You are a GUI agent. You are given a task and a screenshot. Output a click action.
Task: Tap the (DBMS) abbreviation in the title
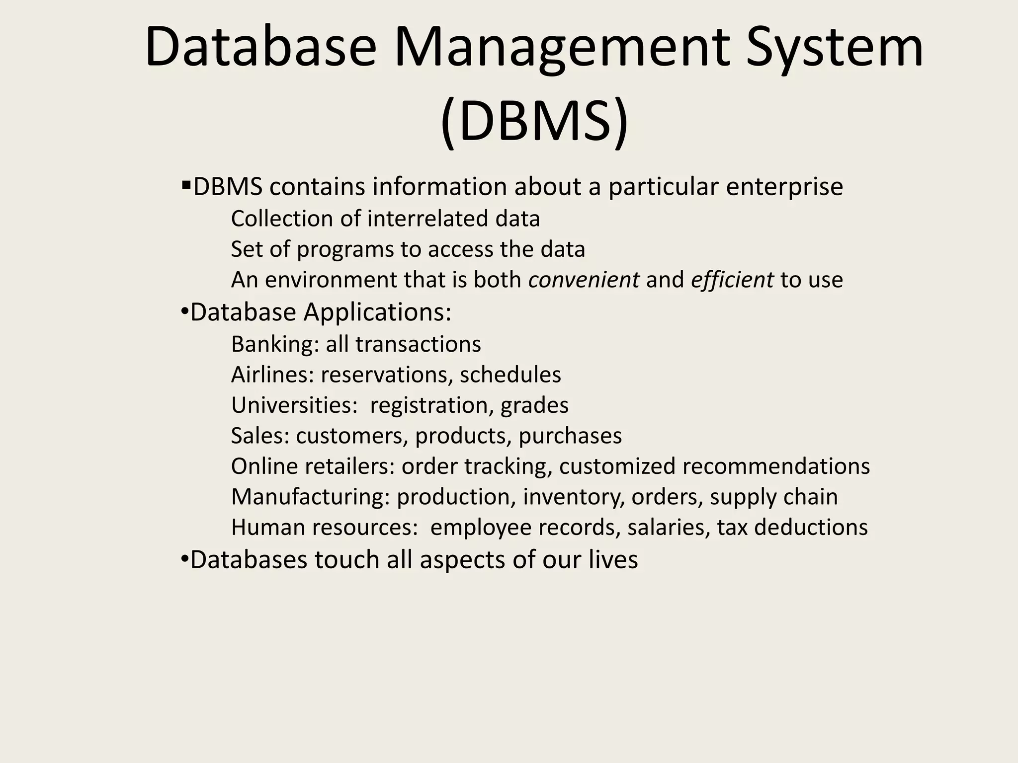[x=534, y=122]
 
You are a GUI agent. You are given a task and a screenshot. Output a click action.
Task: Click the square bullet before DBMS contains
[x=186, y=186]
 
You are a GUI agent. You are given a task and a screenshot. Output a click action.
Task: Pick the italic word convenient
[x=584, y=280]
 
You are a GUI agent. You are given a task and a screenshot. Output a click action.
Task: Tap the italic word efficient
[x=732, y=280]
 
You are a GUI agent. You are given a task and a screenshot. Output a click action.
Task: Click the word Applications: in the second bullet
[x=377, y=312]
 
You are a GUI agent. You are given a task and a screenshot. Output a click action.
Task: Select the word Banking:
[x=275, y=344]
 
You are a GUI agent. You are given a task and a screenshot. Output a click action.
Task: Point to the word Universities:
[x=294, y=405]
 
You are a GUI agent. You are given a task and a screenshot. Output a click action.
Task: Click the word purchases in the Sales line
[x=570, y=436]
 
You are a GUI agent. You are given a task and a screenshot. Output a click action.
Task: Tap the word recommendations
[x=776, y=466]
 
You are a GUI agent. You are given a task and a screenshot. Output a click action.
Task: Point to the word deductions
[x=811, y=528]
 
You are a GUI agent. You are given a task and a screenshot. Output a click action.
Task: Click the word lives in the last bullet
[x=613, y=560]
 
